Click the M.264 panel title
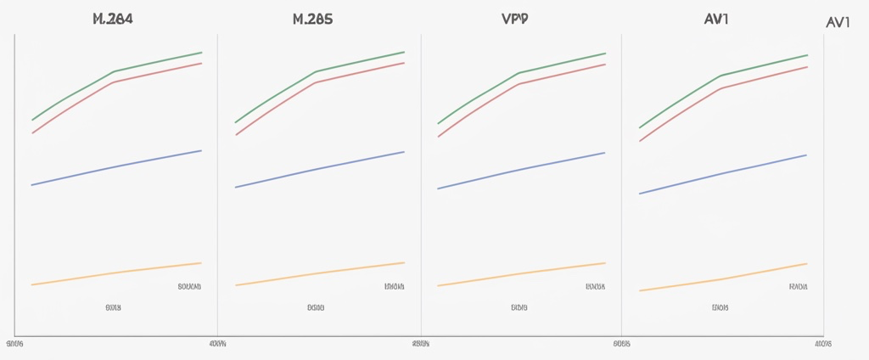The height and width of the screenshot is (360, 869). (112, 19)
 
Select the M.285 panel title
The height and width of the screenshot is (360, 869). (312, 19)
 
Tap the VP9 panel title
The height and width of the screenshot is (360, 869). (514, 19)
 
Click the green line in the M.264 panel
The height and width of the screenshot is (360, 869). (114, 71)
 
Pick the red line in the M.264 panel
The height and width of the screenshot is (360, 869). (114, 82)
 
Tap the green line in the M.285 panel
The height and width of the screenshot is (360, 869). (316, 71)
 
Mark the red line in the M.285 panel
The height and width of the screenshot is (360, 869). (316, 82)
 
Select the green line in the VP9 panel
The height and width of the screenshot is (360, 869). (519, 72)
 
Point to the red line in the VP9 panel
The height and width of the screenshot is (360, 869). (519, 83)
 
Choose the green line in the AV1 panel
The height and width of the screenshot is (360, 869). (721, 76)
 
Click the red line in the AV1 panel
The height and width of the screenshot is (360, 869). (721, 87)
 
